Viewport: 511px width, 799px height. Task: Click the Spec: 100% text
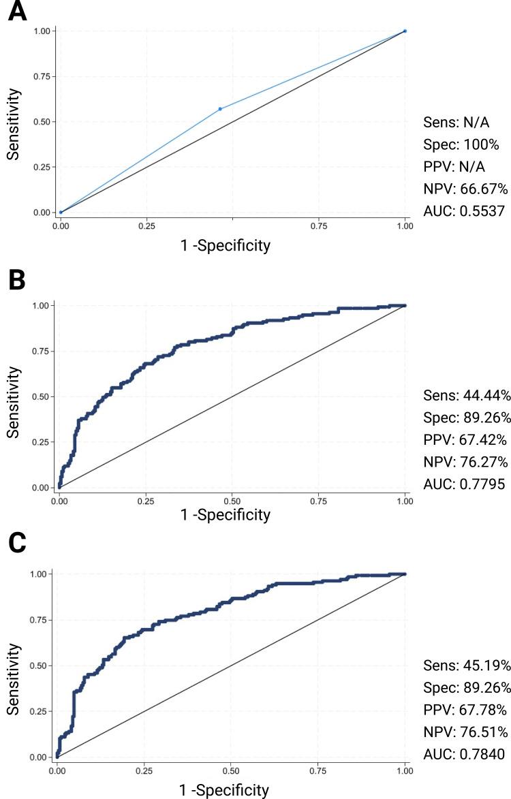click(x=452, y=145)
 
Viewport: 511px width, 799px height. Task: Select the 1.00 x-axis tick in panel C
click(x=405, y=770)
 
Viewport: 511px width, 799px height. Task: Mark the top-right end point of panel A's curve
click(x=405, y=31)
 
